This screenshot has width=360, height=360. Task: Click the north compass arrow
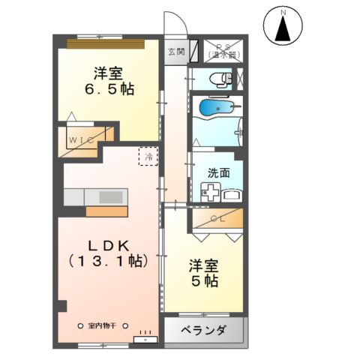pyautogui.click(x=283, y=30)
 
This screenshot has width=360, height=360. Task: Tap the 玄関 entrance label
pyautogui.click(x=175, y=52)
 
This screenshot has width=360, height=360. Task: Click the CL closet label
pyautogui.click(x=219, y=218)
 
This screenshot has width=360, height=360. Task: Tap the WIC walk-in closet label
pyautogui.click(x=81, y=139)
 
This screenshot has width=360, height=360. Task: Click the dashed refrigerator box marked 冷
pyautogui.click(x=148, y=157)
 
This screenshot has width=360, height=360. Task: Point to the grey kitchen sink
pyautogui.click(x=110, y=196)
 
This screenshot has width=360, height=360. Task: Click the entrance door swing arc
pyautogui.click(x=174, y=22)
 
